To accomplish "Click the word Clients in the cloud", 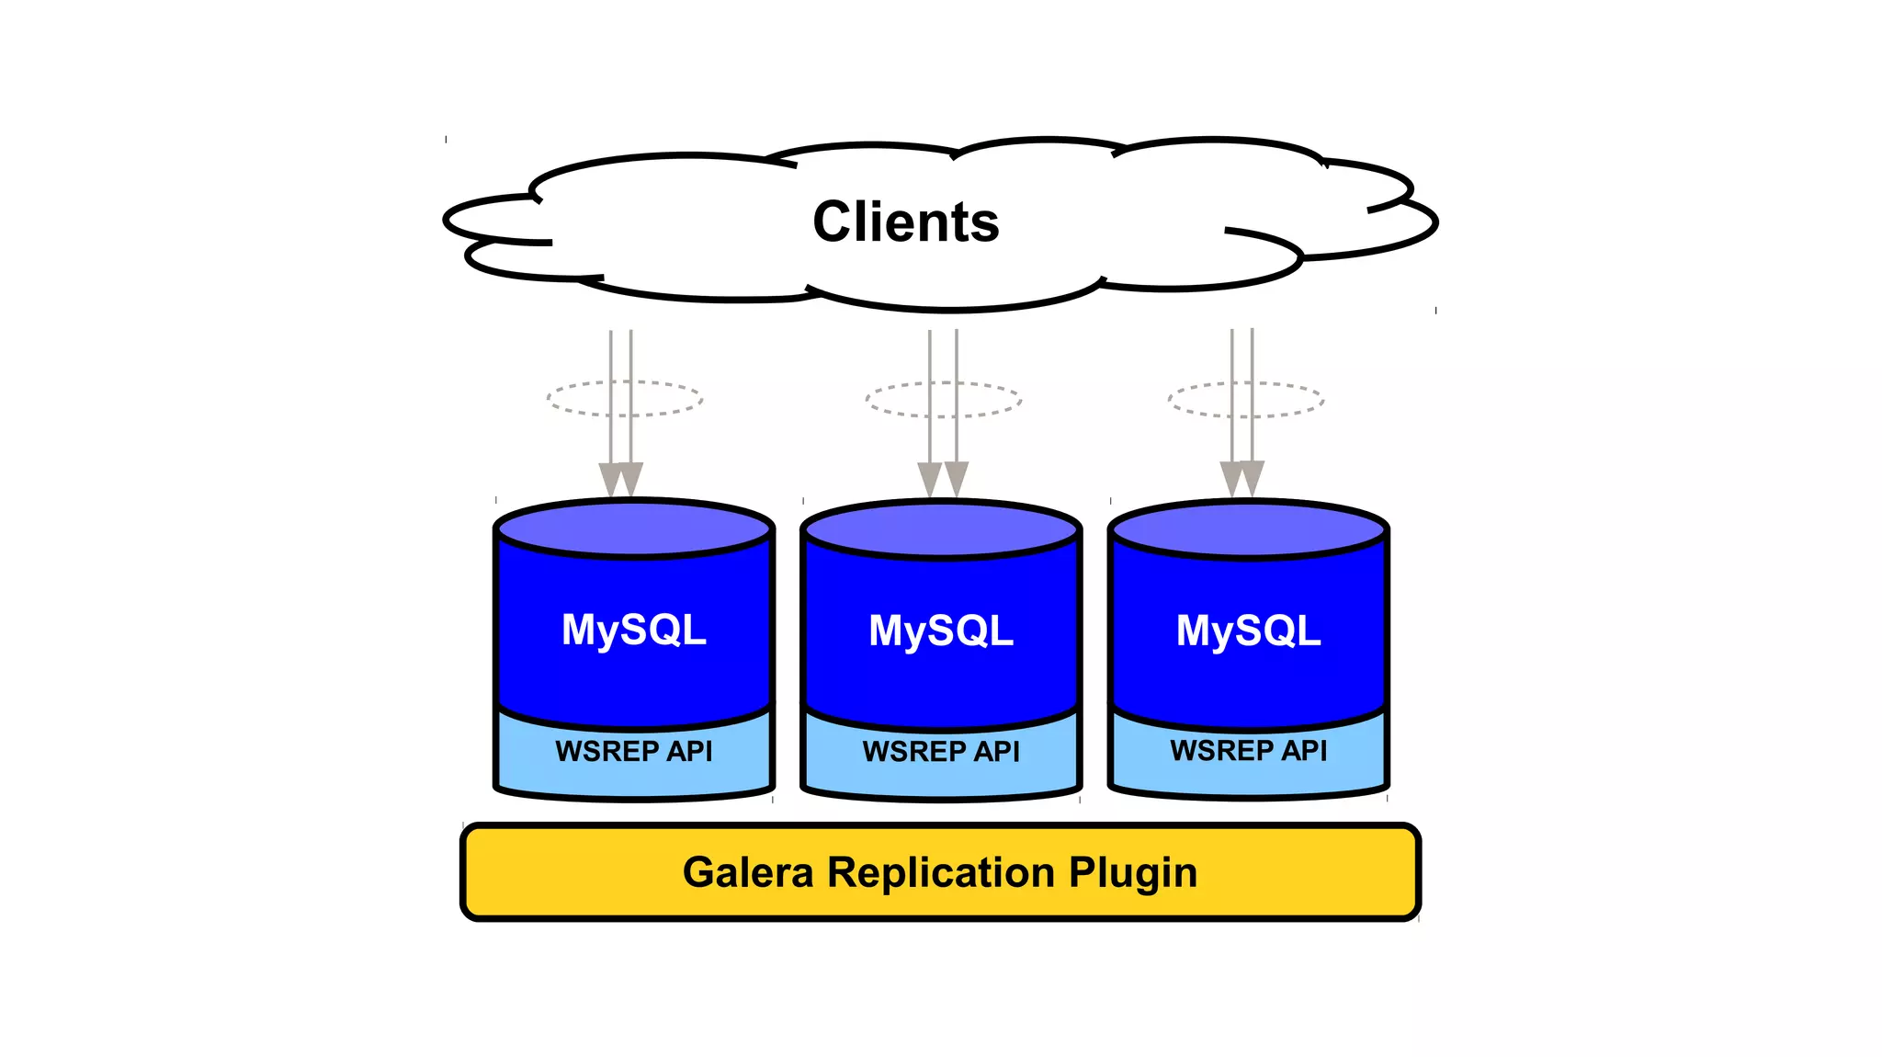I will (x=906, y=222).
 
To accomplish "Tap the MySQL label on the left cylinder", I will (x=634, y=631).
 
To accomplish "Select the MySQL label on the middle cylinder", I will (x=941, y=631).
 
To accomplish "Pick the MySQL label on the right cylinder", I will (x=1248, y=631).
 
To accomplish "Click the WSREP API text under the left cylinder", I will (x=634, y=751).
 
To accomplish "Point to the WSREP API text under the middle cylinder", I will (x=941, y=752).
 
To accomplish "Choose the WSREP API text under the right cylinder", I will (x=1248, y=751).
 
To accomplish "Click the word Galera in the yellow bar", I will (x=748, y=872).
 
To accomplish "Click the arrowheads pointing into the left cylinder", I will (x=621, y=479).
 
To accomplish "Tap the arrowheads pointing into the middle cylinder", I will (x=943, y=479).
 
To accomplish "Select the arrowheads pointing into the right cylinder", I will (x=1242, y=478).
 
